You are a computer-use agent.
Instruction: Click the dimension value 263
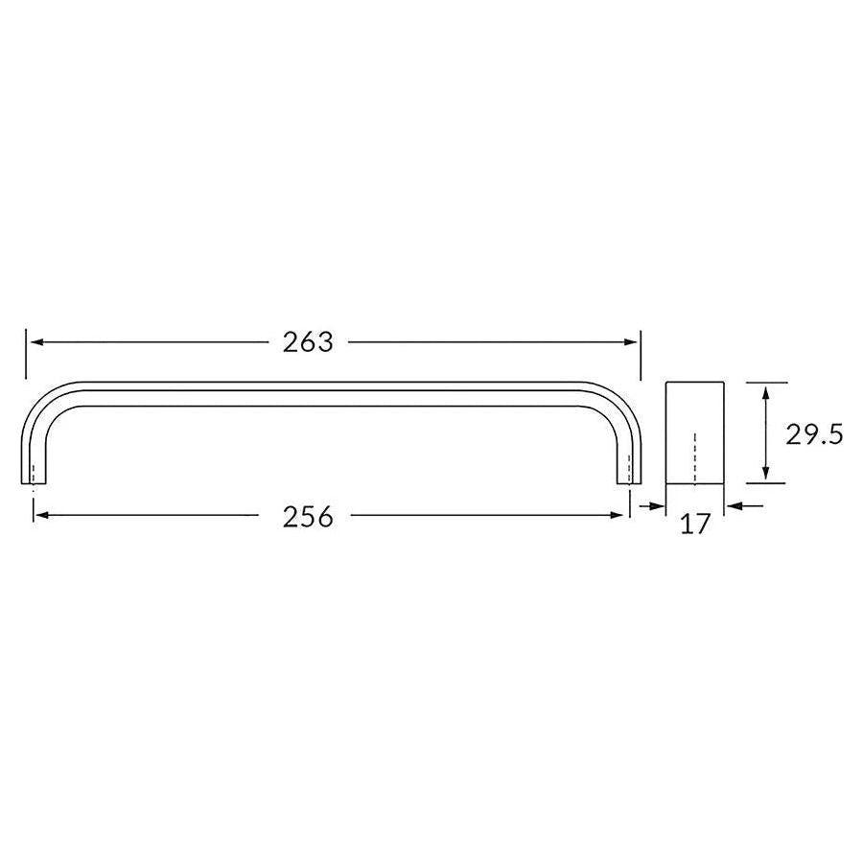(x=308, y=342)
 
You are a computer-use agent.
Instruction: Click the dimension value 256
(x=308, y=517)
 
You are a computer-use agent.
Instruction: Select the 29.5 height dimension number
(x=813, y=434)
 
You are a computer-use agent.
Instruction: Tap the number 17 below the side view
(x=695, y=524)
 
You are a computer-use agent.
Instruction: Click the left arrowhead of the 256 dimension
(x=40, y=516)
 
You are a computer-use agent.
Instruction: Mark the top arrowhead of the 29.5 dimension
(x=765, y=388)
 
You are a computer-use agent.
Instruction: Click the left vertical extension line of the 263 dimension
(x=26, y=355)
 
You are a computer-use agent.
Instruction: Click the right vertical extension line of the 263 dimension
(x=641, y=355)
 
